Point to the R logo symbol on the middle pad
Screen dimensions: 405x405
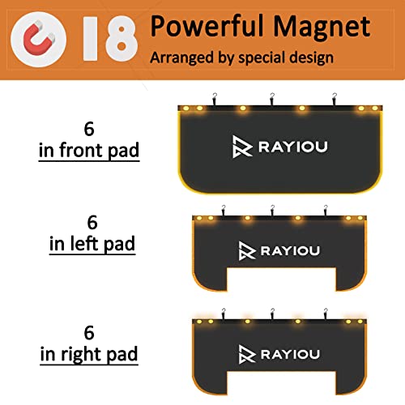[x=246, y=249]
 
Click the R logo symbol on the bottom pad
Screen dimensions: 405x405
[x=246, y=353]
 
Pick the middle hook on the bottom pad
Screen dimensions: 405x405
[x=272, y=314]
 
